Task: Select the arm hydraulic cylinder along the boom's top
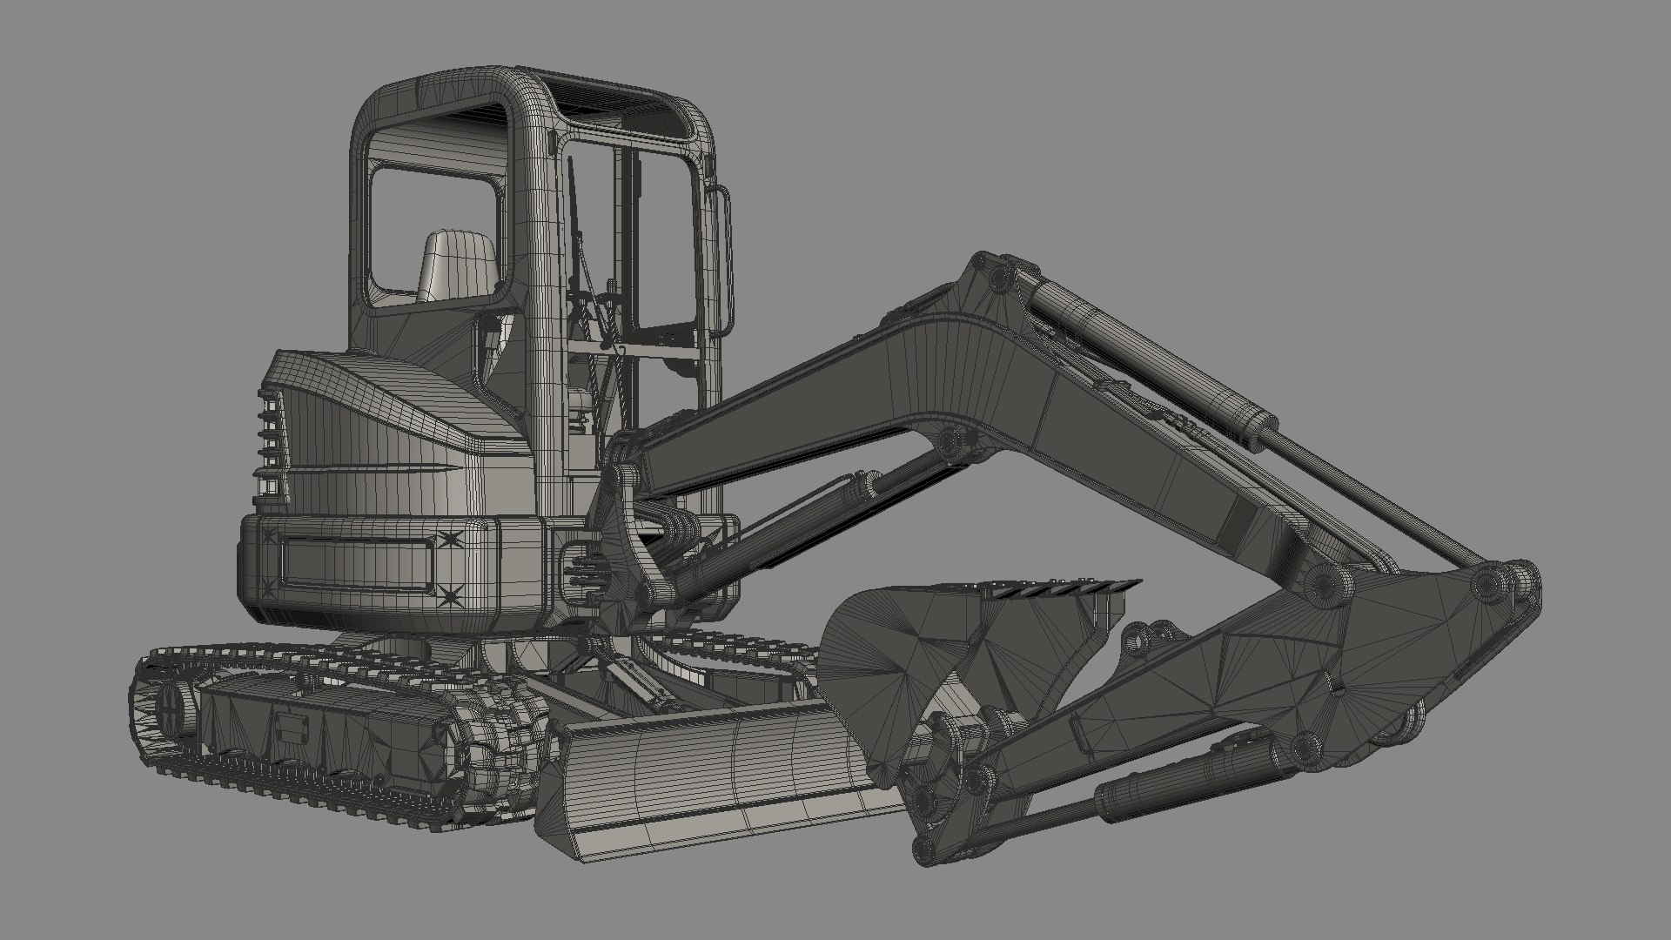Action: coord(1149,348)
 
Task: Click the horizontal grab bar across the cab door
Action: coord(644,348)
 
